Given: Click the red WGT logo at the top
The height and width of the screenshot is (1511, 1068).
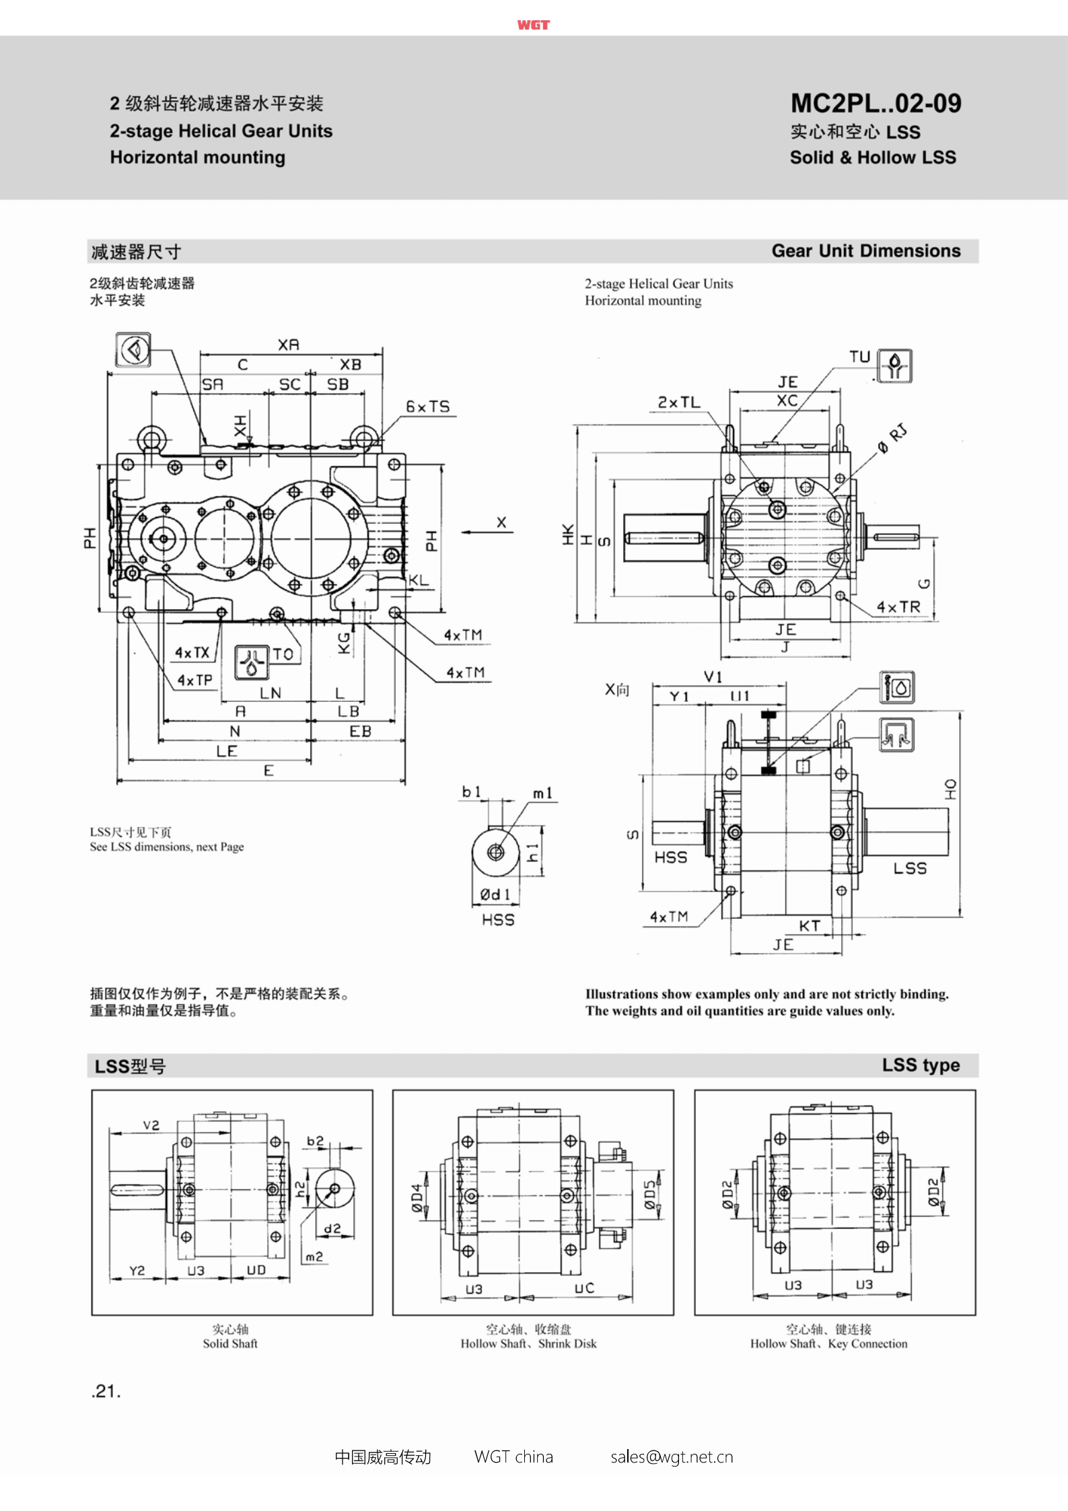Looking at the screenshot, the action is [534, 25].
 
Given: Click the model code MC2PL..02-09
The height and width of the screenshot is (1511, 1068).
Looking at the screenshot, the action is [876, 103].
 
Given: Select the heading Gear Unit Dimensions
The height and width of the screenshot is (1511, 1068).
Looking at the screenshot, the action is [865, 250].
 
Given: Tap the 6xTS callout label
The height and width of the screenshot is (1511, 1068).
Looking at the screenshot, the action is [427, 407].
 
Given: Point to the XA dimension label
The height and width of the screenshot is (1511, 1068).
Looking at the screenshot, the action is [288, 345].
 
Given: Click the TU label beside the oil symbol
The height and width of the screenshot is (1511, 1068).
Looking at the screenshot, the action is [859, 357].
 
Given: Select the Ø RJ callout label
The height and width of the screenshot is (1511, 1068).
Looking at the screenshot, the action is [892, 438].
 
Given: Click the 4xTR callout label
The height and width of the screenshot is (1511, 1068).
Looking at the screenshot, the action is [898, 606].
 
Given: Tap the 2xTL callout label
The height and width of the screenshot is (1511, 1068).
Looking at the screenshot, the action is [679, 402].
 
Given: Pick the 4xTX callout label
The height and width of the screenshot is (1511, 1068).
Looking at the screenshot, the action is [192, 652].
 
